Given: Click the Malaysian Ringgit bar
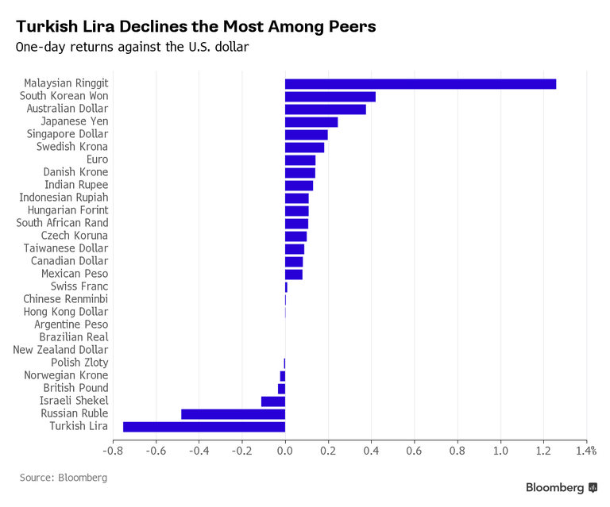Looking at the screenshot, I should point(420,83).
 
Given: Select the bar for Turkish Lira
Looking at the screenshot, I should point(204,427).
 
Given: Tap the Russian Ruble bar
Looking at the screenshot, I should point(233,414).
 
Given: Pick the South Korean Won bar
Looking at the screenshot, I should point(330,96).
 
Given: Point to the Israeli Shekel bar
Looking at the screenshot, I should point(272,401).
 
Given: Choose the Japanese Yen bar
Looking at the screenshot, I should point(311,121).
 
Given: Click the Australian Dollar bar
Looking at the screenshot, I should point(325,109).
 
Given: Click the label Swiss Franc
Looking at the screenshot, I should point(79,286).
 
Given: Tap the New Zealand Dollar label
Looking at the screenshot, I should point(60,350).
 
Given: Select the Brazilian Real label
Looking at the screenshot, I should point(74,337).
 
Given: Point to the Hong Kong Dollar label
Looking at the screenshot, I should point(65,312).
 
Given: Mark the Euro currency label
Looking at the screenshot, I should point(97,159).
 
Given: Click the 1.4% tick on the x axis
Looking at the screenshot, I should point(586,451).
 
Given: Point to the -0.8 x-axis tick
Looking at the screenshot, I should point(113,451).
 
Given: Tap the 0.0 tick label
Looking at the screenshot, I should point(285,451).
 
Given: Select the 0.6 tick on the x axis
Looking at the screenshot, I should point(414,451).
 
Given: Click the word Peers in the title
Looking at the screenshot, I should point(349,26).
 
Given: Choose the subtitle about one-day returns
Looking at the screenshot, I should point(133,47).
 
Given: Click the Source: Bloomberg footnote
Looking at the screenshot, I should point(64,478).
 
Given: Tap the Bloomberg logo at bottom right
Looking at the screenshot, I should point(561,487).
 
